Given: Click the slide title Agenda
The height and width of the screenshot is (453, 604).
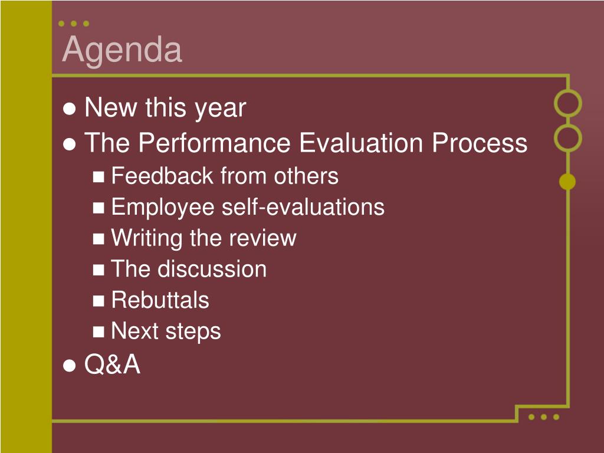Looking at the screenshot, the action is pos(122,51).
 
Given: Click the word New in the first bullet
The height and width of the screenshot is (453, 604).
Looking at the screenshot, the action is pos(111,107).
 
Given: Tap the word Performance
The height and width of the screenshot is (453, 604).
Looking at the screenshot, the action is pos(215,143).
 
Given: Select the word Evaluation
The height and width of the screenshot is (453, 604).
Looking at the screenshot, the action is pos(361,143).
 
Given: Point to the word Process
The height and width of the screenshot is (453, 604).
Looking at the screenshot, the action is pos(480,143).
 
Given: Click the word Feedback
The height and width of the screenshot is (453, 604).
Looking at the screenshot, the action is pos(162,176).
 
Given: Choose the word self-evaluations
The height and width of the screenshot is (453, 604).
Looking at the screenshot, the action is pos(303,207).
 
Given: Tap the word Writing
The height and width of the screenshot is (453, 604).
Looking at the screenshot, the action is pos(147,238).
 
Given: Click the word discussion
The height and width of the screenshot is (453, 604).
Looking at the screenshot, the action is pos(212,268).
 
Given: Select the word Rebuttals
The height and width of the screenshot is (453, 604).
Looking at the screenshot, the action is pos(160,300).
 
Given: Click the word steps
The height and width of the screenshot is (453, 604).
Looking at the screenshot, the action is pos(193,331).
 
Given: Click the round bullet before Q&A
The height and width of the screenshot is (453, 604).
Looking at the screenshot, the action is pos(70,365).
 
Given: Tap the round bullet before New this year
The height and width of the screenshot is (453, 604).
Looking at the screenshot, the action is pos(70,109).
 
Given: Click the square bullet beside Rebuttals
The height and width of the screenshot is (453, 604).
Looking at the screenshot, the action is pos(99,301).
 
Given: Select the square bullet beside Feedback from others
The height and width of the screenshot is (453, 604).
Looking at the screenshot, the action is pos(99,177).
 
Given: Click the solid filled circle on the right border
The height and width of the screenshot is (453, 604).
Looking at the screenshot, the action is pos(567,182).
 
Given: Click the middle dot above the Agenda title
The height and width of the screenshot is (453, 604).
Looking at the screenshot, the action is pos(74,24).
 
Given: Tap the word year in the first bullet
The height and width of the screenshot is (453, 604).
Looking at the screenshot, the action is pos(221,109).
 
